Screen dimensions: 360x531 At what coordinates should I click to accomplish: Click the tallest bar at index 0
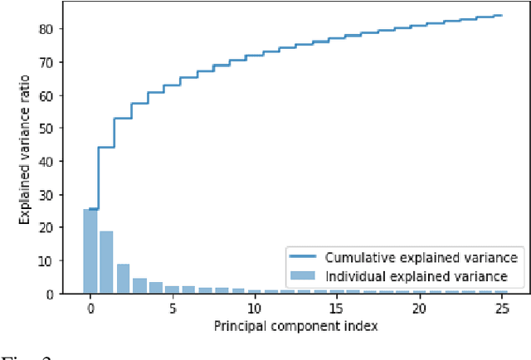click(x=90, y=251)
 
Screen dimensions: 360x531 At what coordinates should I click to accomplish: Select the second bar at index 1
click(x=106, y=262)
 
